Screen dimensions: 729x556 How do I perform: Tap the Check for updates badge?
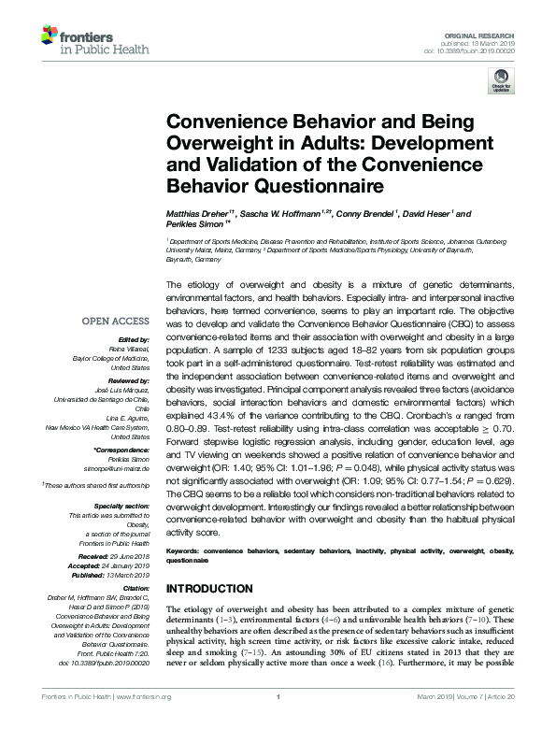point(501,82)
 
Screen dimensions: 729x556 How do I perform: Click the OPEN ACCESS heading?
point(116,321)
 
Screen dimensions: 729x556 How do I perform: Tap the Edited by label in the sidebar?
point(133,339)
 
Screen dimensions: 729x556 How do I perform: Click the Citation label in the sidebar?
point(135,588)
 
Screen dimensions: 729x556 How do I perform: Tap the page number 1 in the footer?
point(278,722)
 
